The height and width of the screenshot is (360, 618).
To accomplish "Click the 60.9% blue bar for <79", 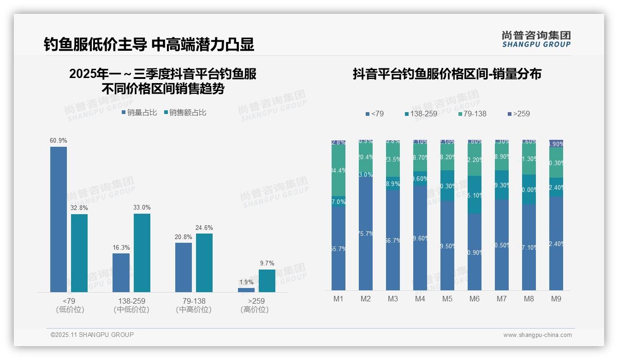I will click(x=59, y=219).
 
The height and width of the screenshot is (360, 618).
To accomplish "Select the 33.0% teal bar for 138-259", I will click(x=142, y=252).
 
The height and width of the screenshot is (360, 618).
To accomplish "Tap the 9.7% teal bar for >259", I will click(x=267, y=281).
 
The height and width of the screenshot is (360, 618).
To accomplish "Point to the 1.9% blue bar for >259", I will click(x=246, y=290).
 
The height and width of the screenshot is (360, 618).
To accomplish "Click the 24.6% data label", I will click(x=204, y=228).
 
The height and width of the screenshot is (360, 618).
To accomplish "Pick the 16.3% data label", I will click(x=121, y=247).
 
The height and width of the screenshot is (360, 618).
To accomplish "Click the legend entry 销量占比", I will click(x=139, y=113).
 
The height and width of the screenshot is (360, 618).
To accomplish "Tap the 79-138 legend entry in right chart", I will click(x=473, y=114).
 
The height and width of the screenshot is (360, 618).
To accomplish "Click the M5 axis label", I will click(x=447, y=299).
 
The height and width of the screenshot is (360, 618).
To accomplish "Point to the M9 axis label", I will click(x=556, y=299).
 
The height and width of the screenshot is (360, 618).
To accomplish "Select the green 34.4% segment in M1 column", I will click(x=338, y=170).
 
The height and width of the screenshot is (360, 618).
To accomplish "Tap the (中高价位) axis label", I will click(x=194, y=310).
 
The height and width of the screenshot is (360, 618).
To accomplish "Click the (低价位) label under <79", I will click(x=70, y=310).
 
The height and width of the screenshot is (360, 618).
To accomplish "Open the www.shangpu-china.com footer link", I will click(x=537, y=335).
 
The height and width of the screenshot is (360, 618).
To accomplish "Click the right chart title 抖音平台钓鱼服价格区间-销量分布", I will click(x=447, y=74).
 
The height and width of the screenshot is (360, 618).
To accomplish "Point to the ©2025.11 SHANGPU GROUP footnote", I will click(x=92, y=335).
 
